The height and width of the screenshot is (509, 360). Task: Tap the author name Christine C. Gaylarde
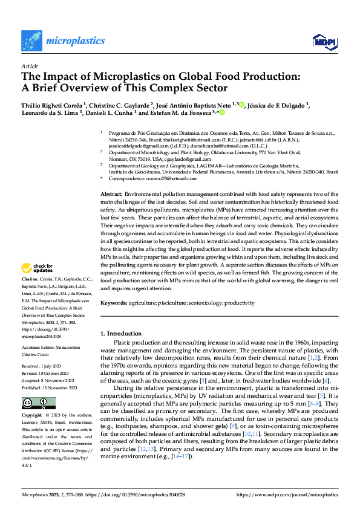click(x=122, y=105)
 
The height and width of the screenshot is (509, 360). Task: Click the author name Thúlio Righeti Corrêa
click(x=52, y=105)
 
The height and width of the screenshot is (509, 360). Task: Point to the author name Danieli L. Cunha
click(x=108, y=112)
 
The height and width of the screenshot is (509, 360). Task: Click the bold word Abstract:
click(x=111, y=192)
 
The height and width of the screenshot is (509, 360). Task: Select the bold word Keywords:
click(x=113, y=303)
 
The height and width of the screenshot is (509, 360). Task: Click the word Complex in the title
click(x=192, y=88)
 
